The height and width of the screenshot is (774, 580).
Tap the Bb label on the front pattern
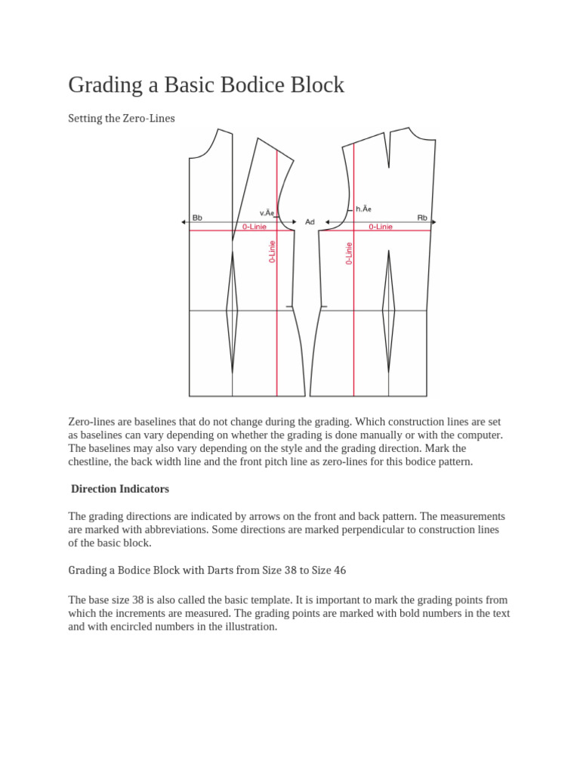coord(197,218)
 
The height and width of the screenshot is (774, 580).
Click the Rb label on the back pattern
coord(422,218)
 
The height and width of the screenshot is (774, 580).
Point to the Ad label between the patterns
coord(310,222)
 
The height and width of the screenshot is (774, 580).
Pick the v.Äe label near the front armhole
coord(267,213)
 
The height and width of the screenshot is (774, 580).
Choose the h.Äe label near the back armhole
coord(363,209)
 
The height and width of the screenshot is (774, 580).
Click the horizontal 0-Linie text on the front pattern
coord(254,227)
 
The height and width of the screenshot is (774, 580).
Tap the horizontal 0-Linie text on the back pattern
coord(381,227)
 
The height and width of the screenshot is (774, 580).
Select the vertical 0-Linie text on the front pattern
coord(272,252)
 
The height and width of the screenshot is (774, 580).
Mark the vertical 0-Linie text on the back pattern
coord(349,252)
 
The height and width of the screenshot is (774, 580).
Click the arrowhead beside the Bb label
coord(184,222)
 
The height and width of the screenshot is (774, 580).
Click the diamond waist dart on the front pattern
coord(232,309)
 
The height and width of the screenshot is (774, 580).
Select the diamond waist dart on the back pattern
coord(389,309)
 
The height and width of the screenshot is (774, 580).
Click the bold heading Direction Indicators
coord(120,489)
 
